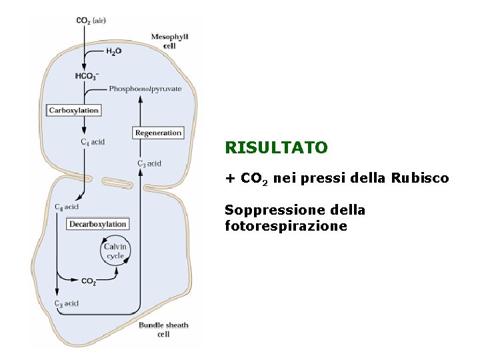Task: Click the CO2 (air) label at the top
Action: tap(91, 21)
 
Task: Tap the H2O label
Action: tap(113, 51)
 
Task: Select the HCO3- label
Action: tap(87, 76)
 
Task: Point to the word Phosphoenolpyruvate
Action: tap(145, 89)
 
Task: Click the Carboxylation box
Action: tap(74, 110)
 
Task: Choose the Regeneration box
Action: tap(158, 133)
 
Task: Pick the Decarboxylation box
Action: tap(97, 224)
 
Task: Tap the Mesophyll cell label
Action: tap(169, 41)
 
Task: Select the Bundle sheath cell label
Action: tap(163, 329)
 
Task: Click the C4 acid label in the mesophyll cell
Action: tap(93, 141)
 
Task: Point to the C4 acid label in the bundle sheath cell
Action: tap(67, 207)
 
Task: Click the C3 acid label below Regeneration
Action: tap(149, 163)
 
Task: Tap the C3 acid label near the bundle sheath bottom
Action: tap(67, 303)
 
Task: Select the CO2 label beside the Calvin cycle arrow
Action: tap(88, 281)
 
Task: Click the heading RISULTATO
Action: tap(276, 147)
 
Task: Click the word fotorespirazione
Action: tap(286, 226)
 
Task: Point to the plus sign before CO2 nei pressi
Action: tap(230, 179)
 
